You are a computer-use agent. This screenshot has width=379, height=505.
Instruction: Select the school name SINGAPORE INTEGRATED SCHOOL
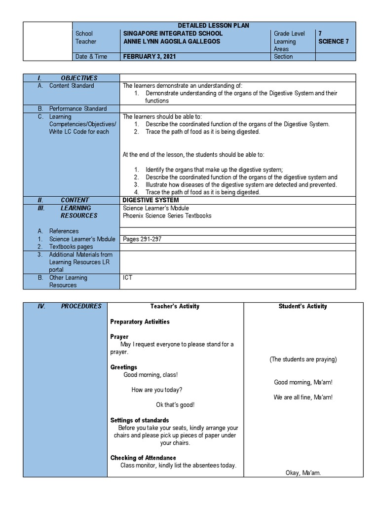[x=173, y=34]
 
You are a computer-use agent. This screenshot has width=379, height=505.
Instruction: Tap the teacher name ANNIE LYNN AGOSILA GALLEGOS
[x=171, y=41]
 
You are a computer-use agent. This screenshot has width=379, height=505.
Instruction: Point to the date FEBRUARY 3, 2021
[x=149, y=57]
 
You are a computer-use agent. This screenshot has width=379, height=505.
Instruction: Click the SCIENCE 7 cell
[x=334, y=41]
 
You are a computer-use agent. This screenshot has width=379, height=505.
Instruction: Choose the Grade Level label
[x=289, y=34]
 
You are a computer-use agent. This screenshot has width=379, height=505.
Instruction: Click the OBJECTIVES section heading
[x=79, y=78]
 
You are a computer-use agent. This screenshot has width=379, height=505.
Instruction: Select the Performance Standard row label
[x=78, y=109]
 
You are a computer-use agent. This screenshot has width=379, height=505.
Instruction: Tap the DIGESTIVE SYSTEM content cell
[x=151, y=200]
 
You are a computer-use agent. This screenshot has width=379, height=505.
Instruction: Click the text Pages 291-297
[x=142, y=239]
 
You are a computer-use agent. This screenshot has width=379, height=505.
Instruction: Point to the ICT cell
[x=127, y=278]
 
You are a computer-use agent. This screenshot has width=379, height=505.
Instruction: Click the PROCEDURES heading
[x=81, y=306]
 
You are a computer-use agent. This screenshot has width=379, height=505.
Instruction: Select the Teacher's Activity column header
[x=175, y=306]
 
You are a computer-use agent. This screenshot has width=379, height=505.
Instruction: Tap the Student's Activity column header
[x=303, y=306]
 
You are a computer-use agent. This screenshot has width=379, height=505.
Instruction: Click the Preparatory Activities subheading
[x=140, y=322]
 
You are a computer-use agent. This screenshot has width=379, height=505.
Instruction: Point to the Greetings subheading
[x=124, y=367]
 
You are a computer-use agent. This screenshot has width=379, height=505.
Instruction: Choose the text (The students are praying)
[x=303, y=360]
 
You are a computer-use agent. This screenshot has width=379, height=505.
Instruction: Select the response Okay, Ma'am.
[x=303, y=473]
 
